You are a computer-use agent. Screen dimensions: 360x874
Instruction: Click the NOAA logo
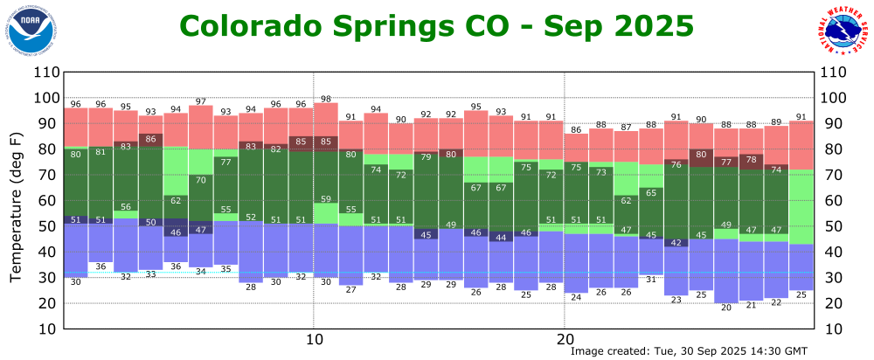pyautogui.click(x=33, y=30)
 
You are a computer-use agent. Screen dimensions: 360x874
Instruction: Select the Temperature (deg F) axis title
pyautogui.click(x=16, y=208)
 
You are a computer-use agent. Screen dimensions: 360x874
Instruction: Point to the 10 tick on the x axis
pyautogui.click(x=313, y=339)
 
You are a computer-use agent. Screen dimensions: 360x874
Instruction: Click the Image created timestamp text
pyautogui.click(x=689, y=350)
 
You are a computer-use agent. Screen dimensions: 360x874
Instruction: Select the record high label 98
pyautogui.click(x=326, y=99)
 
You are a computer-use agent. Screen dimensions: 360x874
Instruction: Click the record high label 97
pyautogui.click(x=201, y=101)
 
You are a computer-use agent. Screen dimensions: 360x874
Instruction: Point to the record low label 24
pyautogui.click(x=576, y=297)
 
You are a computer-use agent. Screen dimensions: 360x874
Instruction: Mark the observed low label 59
pyautogui.click(x=326, y=199)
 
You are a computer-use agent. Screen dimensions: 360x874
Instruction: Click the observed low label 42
pyautogui.click(x=676, y=242)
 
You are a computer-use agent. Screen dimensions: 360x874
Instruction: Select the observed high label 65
pyautogui.click(x=651, y=192)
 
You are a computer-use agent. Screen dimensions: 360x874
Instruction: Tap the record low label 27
pyautogui.click(x=350, y=289)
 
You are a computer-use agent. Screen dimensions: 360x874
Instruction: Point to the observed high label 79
pyautogui.click(x=427, y=157)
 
